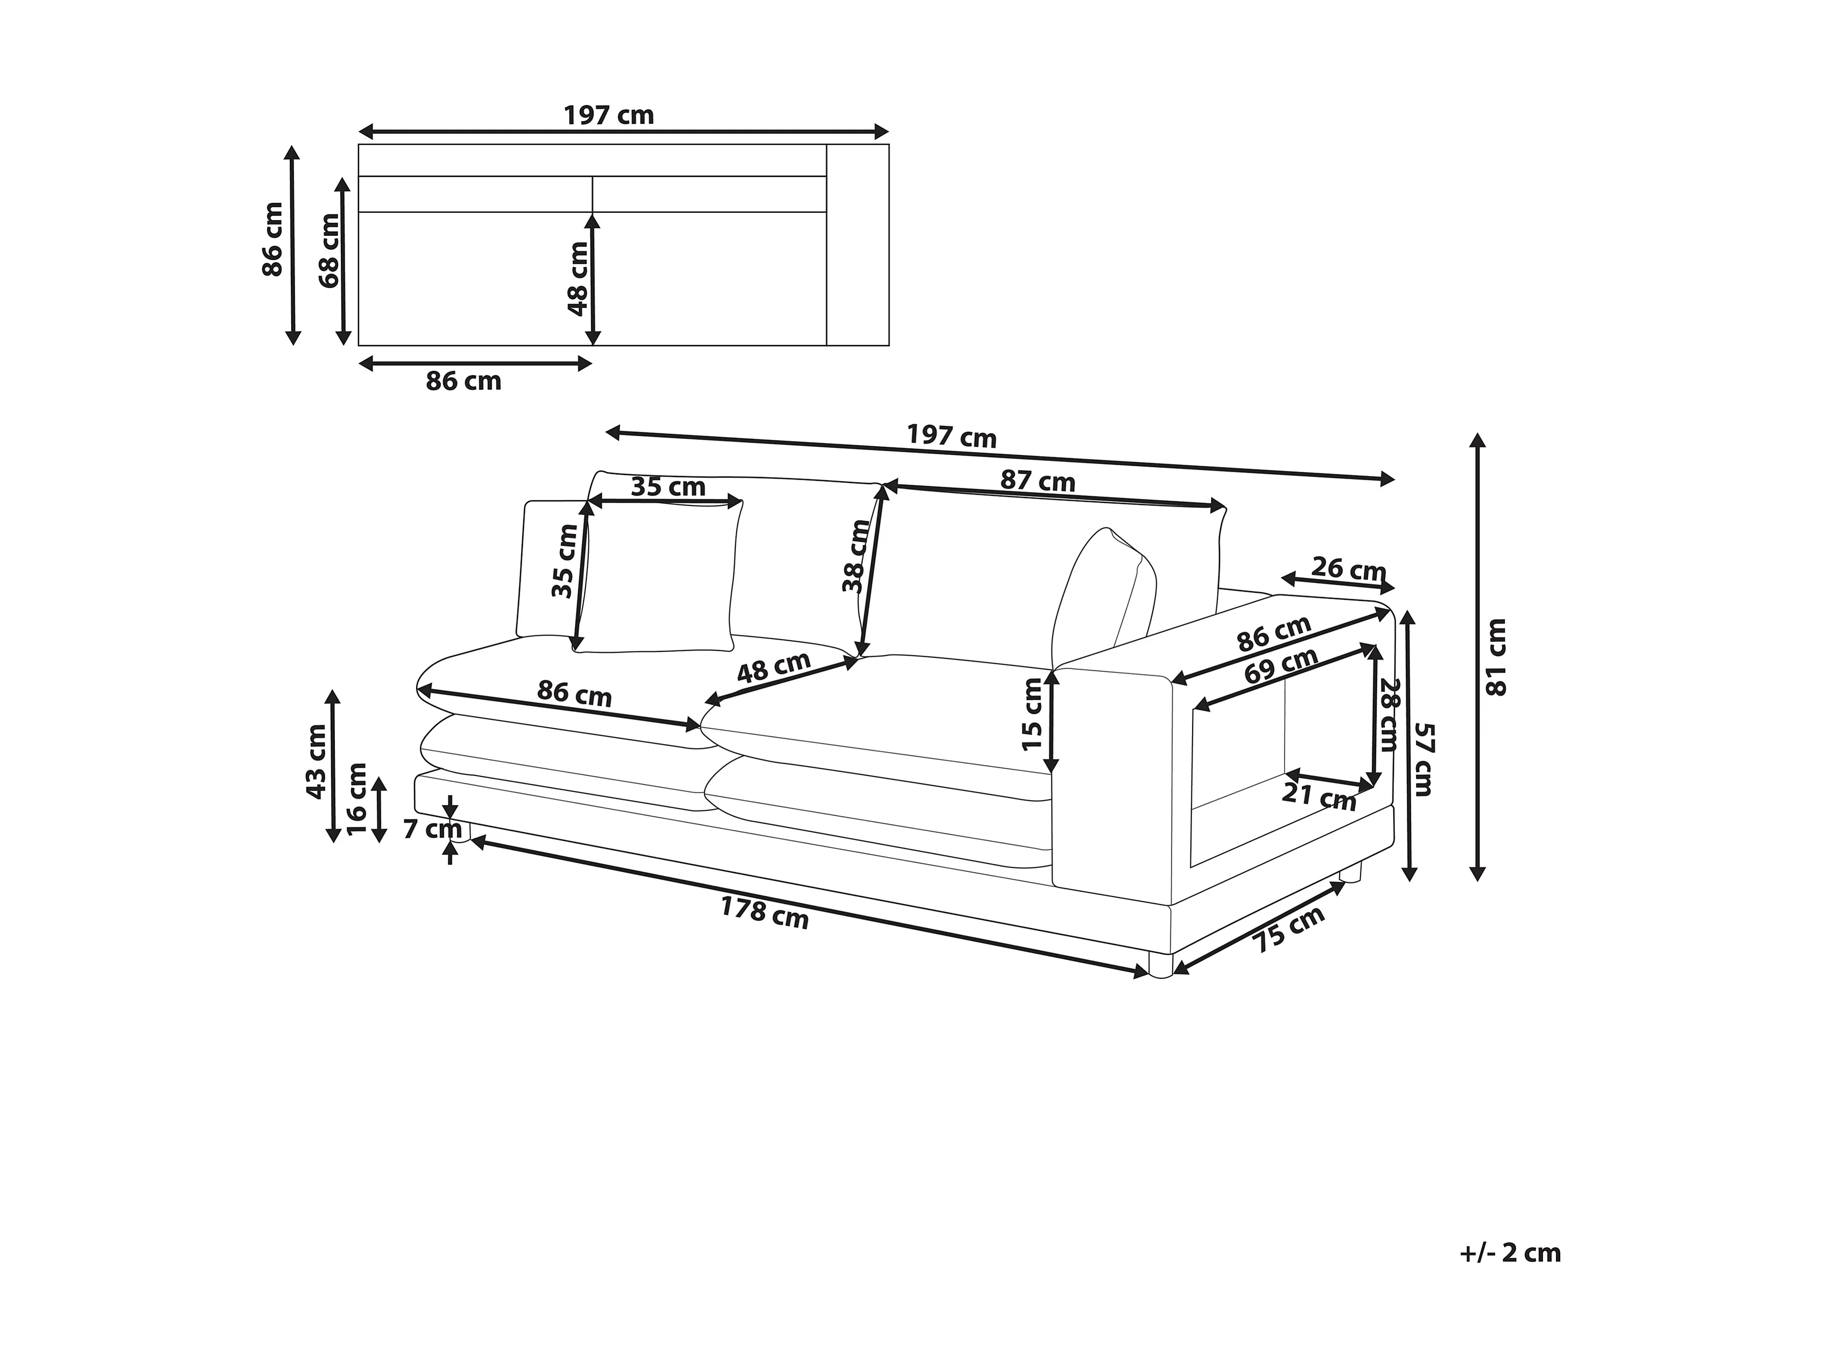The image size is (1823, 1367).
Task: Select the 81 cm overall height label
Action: point(1495,657)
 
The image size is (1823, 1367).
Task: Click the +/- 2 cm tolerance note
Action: point(1510,1277)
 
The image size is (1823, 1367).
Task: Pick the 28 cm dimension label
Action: point(1390,714)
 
